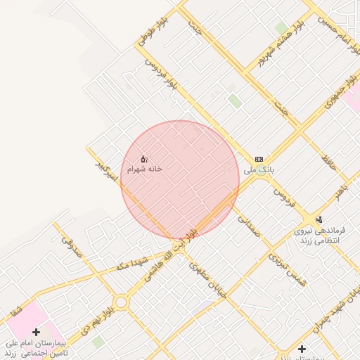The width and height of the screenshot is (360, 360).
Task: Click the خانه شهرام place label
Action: [145, 169]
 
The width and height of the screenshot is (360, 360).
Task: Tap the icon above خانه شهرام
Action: [144, 159]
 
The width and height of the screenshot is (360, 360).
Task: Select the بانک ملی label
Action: [258, 170]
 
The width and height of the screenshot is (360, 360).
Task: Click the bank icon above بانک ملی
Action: [259, 160]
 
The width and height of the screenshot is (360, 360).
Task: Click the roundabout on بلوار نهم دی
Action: [121, 303]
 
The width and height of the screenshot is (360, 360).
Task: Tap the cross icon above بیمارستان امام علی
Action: [36, 331]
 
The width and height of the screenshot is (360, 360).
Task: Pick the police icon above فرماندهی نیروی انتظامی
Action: [320, 219]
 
